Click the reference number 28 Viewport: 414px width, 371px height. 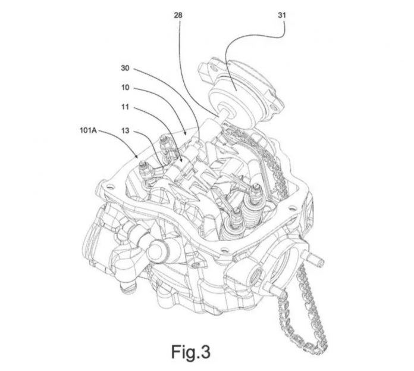click(x=178, y=15)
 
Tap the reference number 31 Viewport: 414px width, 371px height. click(x=282, y=15)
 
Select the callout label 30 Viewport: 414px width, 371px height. click(x=125, y=68)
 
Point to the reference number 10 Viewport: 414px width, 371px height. click(x=125, y=88)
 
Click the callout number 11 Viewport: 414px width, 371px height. click(x=125, y=107)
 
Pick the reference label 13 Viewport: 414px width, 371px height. click(x=125, y=130)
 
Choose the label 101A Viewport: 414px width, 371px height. click(x=88, y=130)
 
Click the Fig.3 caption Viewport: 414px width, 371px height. click(x=190, y=352)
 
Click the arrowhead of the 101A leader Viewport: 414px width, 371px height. click(x=136, y=156)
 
